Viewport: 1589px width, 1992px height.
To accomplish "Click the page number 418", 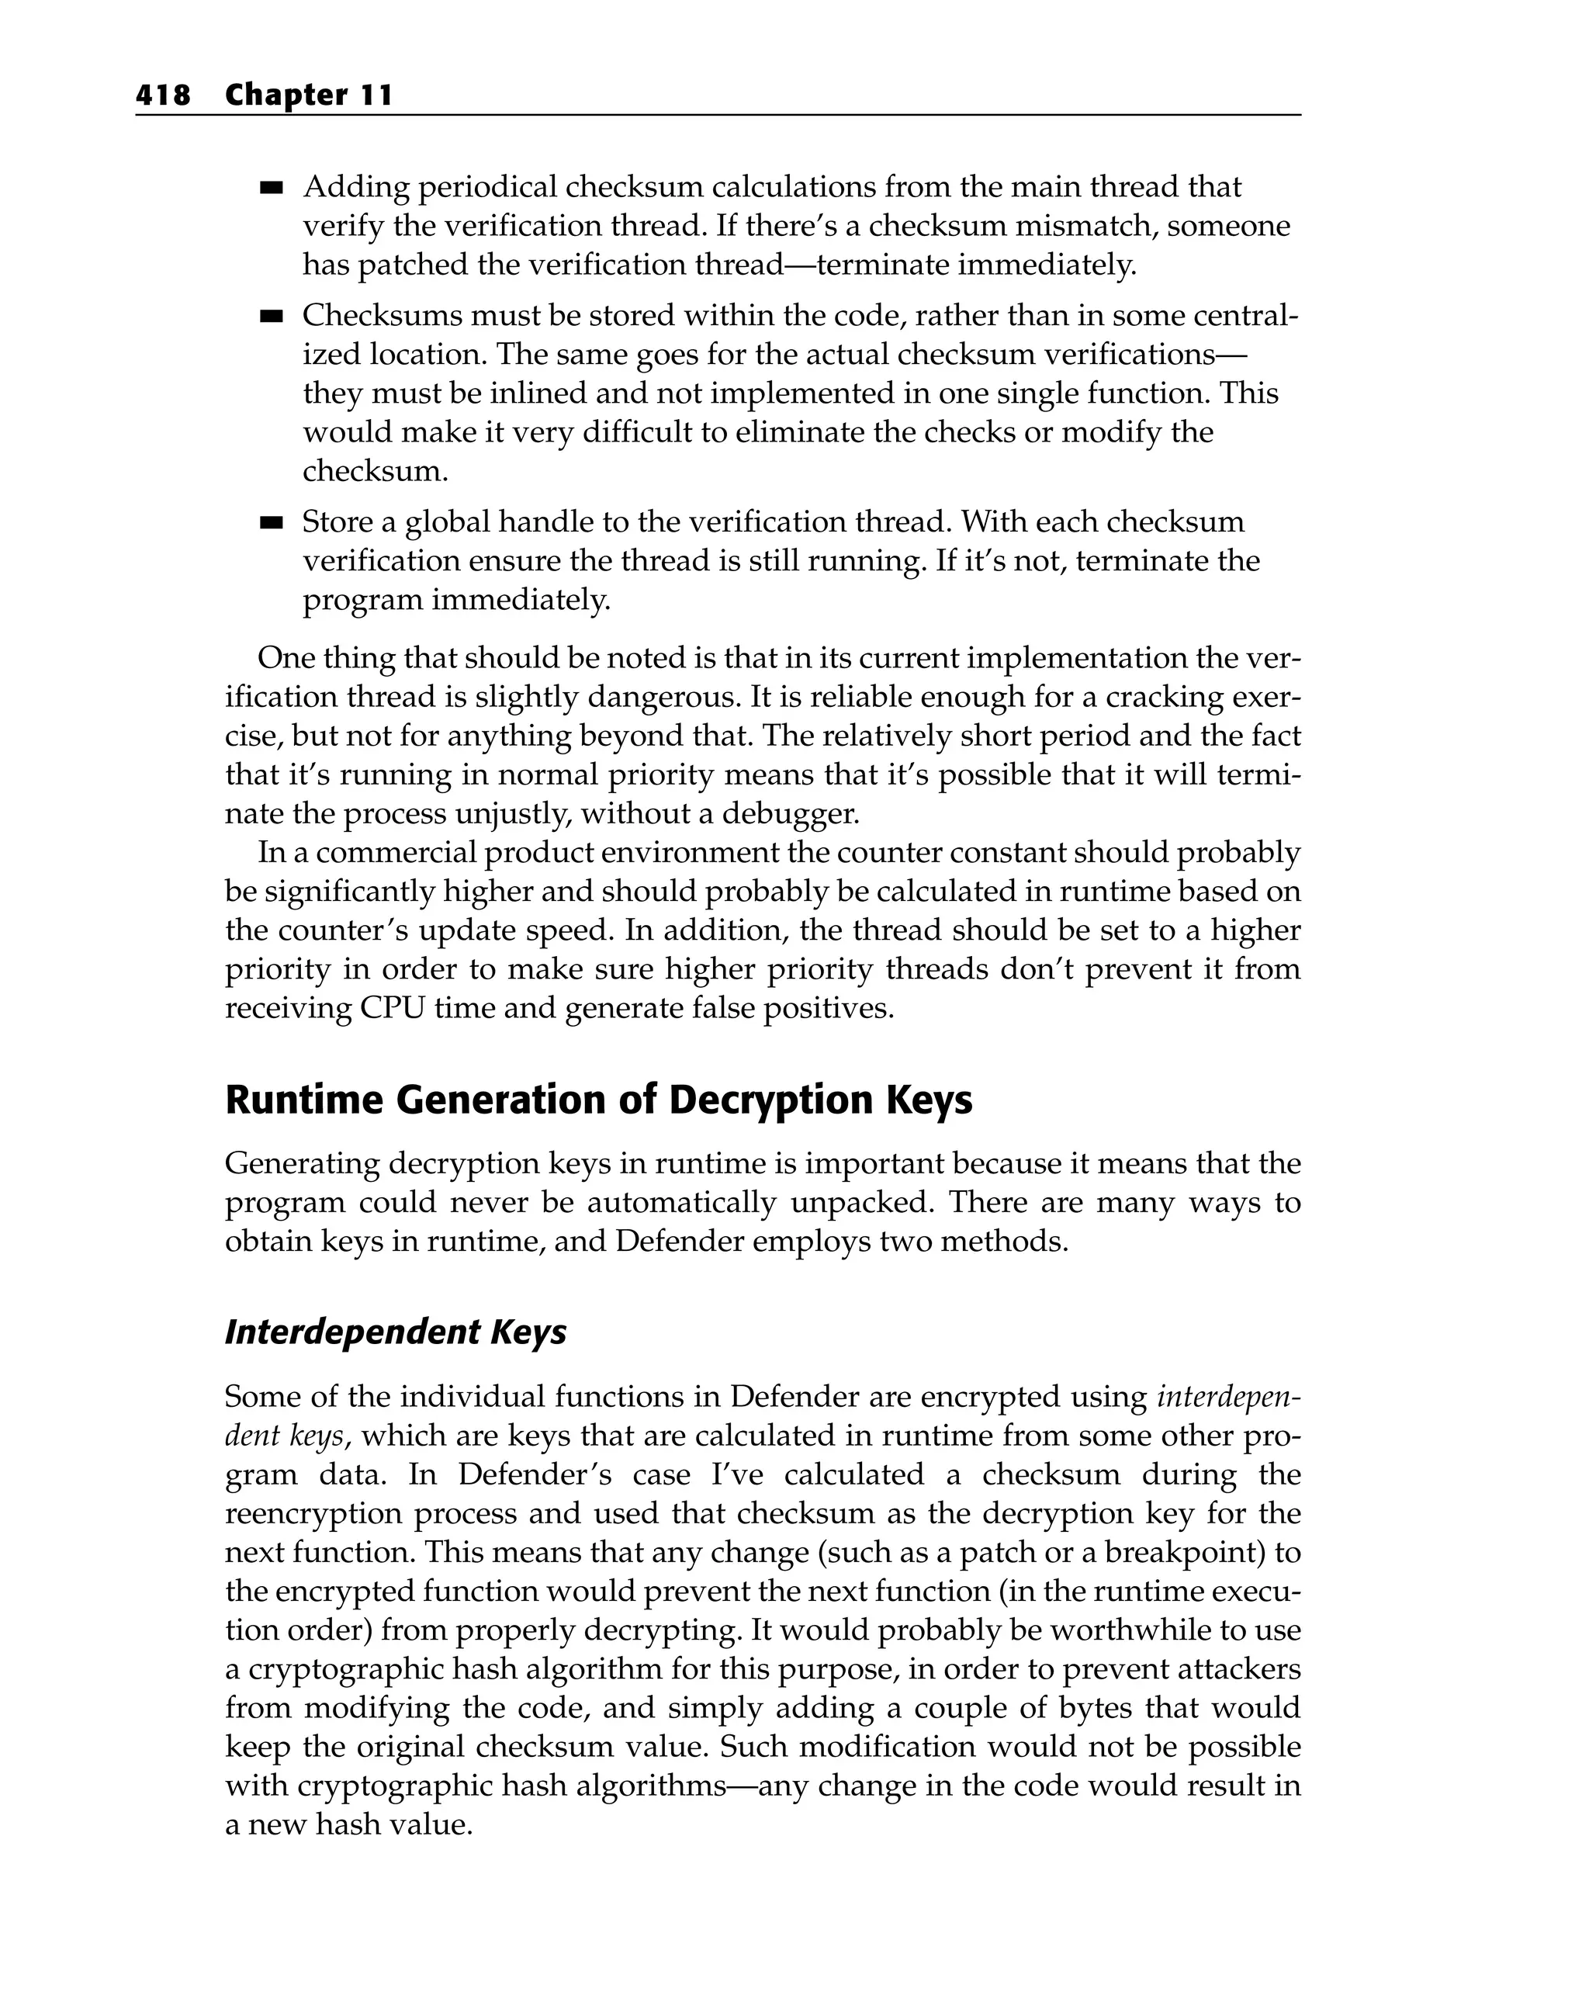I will [163, 95].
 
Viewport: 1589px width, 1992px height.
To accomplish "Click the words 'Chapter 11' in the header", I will [309, 95].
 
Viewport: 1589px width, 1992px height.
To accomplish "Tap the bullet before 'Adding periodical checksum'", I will [271, 189].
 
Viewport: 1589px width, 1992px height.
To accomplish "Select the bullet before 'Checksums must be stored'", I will [271, 317].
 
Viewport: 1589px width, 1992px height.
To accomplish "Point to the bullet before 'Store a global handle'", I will [271, 523].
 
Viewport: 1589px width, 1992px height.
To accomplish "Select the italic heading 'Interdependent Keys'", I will [396, 1332].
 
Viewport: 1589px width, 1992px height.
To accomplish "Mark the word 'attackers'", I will [1235, 1668].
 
